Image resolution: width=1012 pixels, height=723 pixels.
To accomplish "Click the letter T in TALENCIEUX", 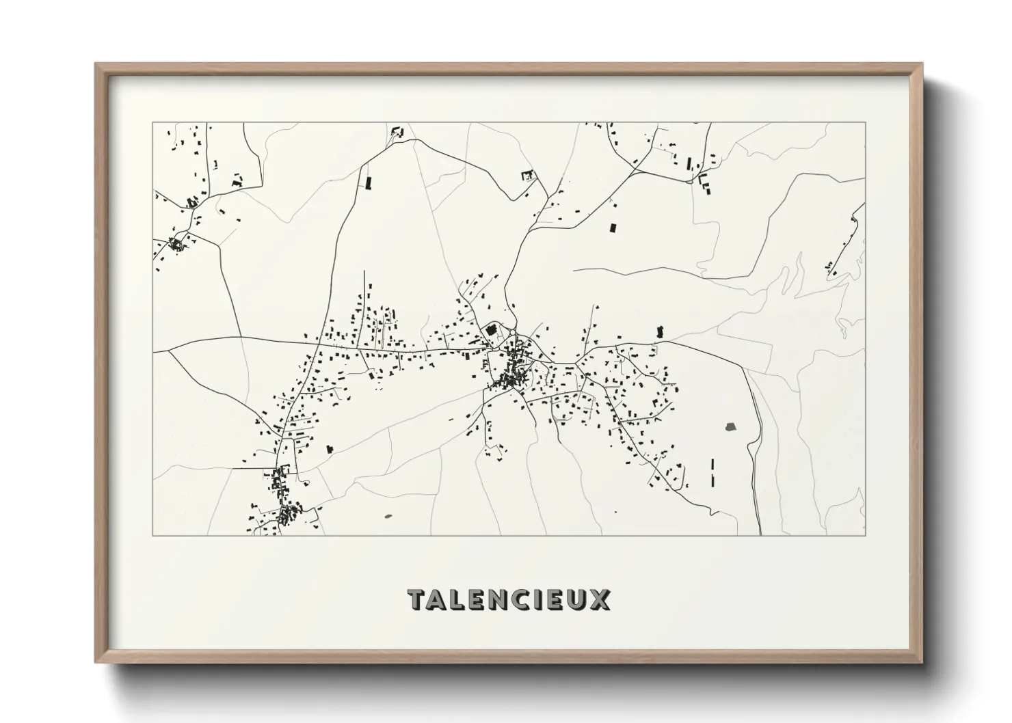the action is click(418, 599).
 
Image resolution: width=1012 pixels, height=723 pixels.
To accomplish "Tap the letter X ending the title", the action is click(600, 599).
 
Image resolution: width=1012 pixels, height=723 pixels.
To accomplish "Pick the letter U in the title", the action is click(577, 599).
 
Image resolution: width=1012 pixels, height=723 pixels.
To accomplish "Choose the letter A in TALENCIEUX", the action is click(439, 599).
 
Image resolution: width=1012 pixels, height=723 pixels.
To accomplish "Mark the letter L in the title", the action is click(459, 599).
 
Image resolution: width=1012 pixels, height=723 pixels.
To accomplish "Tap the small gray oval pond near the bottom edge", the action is click(389, 516).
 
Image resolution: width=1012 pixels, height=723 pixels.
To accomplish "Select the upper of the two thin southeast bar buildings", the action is click(713, 464).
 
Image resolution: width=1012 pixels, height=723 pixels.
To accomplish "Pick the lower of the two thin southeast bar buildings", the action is click(713, 480).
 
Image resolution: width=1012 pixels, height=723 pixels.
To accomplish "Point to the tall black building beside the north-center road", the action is click(369, 182).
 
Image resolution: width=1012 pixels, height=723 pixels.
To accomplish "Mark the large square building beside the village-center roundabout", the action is click(491, 330).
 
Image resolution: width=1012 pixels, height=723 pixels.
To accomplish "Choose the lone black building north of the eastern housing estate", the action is click(660, 331).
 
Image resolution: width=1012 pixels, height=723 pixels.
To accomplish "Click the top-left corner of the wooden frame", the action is click(96, 64).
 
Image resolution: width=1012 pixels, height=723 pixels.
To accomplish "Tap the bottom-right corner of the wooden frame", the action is click(922, 661).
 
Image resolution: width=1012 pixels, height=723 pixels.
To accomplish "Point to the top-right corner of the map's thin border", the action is click(865, 122).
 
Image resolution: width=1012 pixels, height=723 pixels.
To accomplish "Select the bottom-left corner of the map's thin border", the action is click(152, 535).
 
